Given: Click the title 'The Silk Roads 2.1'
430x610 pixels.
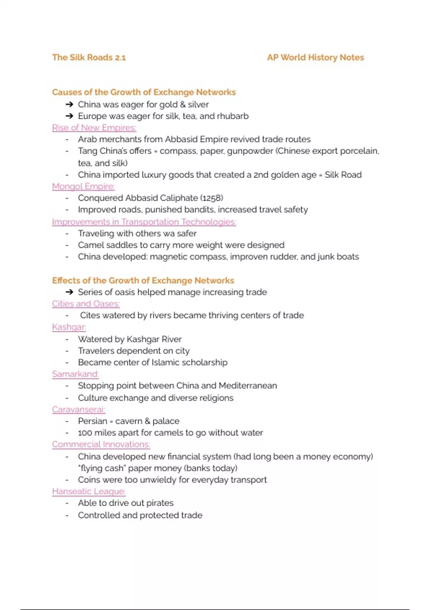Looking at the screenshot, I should click(89, 57).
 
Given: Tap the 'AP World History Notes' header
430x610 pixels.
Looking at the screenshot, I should click(315, 57).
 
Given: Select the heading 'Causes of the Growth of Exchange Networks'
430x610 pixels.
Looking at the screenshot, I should click(144, 92).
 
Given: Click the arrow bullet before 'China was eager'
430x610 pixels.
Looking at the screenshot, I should click(69, 104).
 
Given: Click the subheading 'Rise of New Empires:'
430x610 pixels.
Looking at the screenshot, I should click(94, 128).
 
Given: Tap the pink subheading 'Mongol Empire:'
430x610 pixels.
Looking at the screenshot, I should click(83, 186).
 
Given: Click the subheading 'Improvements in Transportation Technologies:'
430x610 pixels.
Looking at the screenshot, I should click(144, 222).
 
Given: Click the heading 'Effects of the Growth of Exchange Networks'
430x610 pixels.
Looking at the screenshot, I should click(143, 280).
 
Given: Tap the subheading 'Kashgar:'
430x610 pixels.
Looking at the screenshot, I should click(69, 327).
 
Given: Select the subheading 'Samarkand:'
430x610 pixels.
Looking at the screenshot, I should click(75, 374).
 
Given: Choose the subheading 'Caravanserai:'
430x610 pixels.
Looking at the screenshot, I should click(78, 409).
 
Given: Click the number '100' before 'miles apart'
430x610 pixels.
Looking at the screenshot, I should click(85, 433).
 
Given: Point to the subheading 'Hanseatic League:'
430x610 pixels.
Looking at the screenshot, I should click(89, 491).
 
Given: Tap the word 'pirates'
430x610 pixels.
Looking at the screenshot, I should click(160, 503).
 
